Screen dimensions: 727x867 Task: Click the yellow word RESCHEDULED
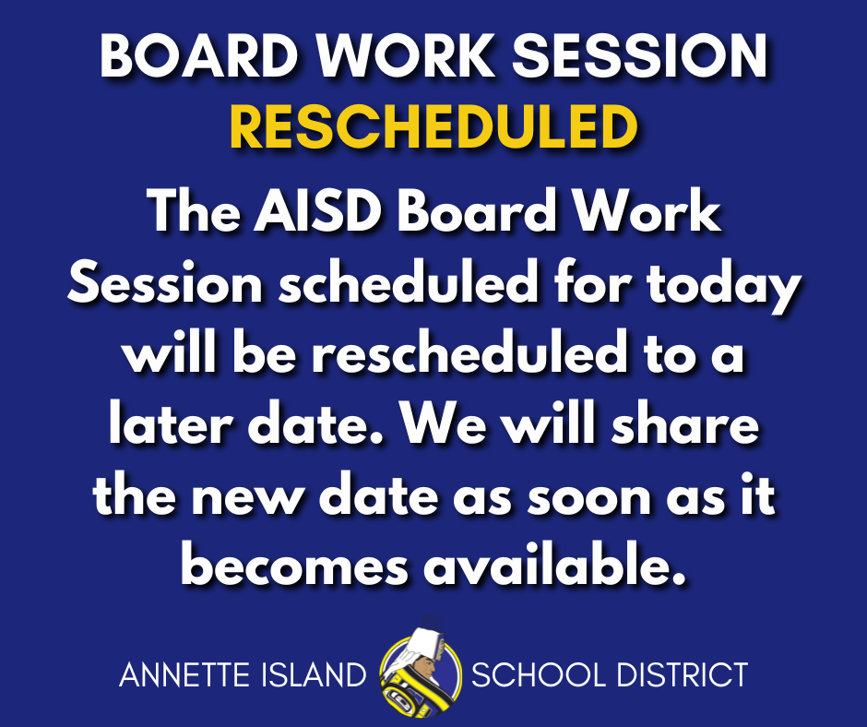[x=433, y=127]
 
